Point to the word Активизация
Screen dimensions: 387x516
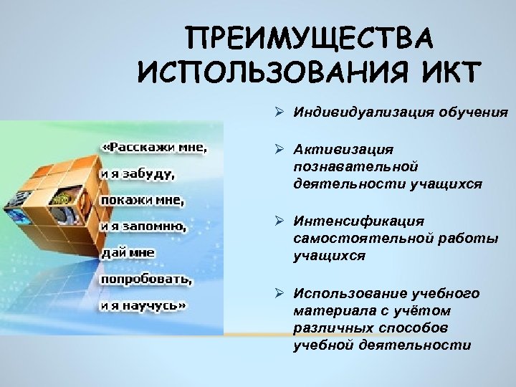pyautogui.click(x=343, y=148)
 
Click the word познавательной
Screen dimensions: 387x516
pyautogui.click(x=355, y=166)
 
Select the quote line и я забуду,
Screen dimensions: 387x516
pyautogui.click(x=137, y=173)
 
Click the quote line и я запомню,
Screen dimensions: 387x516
pyautogui.click(x=143, y=226)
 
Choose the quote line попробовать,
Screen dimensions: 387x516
pyautogui.click(x=146, y=278)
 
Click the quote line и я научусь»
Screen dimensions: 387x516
pyautogui.click(x=143, y=304)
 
